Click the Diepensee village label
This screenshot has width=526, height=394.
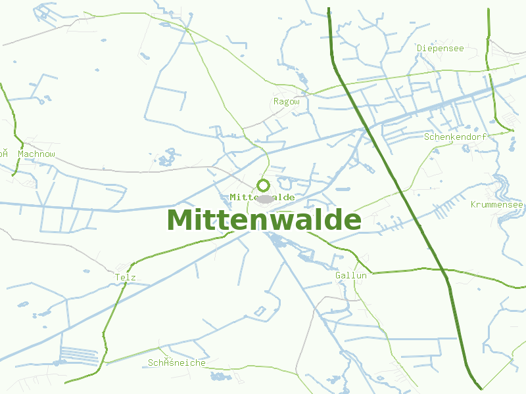tap(441, 48)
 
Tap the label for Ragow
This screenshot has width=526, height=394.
tap(286, 102)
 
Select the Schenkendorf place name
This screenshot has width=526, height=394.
tap(455, 137)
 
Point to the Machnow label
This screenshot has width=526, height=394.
tap(37, 154)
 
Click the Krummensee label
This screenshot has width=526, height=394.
tap(497, 205)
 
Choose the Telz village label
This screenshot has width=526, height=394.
tap(125, 278)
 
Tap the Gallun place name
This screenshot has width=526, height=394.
tap(350, 276)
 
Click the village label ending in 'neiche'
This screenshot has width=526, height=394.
tap(177, 363)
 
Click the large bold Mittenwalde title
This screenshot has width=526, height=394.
tap(264, 220)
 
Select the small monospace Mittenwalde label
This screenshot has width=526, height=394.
tap(262, 197)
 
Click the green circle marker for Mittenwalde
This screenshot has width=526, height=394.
tap(263, 185)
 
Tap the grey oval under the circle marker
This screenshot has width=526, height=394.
tap(265, 198)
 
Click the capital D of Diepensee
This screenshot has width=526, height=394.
tap(419, 48)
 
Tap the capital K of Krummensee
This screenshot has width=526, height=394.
tap(473, 205)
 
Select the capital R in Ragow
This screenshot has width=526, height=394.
tap(276, 102)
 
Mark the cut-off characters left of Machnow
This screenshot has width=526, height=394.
tap(4, 154)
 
